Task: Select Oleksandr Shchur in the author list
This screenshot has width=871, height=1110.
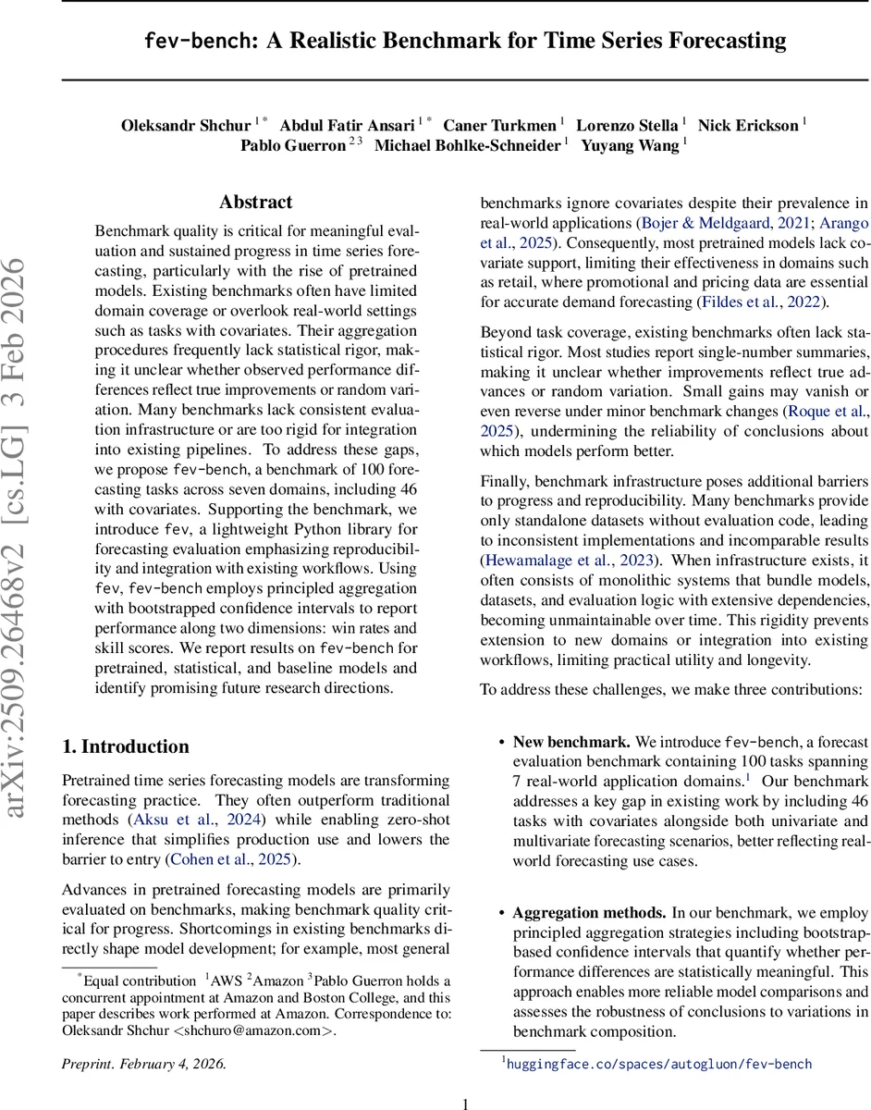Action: pos(186,125)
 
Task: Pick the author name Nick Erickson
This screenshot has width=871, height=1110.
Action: pos(747,125)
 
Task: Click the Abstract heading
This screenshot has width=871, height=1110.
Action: pos(255,202)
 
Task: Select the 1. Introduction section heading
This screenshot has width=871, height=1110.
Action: pos(125,746)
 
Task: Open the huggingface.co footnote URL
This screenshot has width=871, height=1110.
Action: pos(659,1064)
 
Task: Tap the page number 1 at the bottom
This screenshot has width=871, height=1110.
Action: pos(465,1103)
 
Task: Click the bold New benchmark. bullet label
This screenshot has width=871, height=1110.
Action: pos(571,742)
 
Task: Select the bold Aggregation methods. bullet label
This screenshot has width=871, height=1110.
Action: pos(589,912)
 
